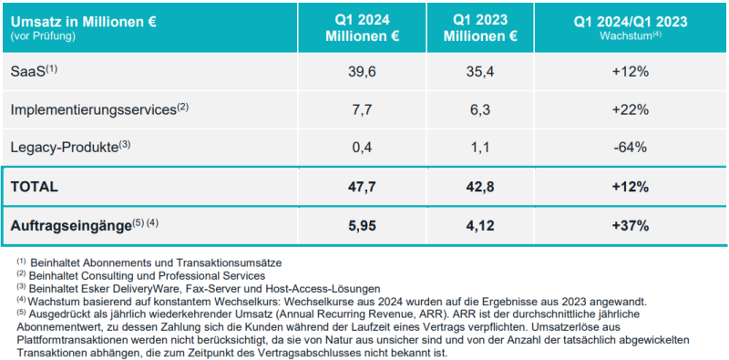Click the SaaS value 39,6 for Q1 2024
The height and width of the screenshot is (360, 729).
click(362, 73)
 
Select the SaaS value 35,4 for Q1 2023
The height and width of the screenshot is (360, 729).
click(480, 73)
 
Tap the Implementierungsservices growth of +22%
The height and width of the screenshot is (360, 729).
click(630, 109)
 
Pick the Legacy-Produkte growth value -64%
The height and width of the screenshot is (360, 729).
click(630, 148)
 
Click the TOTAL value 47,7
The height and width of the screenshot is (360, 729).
click(362, 187)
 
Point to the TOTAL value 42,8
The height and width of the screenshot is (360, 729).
click(480, 187)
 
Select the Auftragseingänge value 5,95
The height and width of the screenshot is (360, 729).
click(362, 226)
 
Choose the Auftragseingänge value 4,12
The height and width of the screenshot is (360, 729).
click(480, 226)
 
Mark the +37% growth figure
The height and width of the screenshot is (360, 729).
click(630, 226)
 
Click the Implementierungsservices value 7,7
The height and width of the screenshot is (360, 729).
click(362, 109)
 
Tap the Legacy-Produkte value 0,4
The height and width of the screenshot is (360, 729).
click(362, 148)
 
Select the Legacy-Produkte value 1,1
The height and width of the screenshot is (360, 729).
click(480, 148)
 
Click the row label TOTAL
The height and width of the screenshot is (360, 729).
click(34, 187)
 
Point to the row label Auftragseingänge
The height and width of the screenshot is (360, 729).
click(69, 227)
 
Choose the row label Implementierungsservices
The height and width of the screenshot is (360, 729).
click(93, 110)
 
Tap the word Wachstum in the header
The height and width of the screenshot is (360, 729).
click(624, 36)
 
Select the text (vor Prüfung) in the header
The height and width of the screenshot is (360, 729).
click(42, 36)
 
